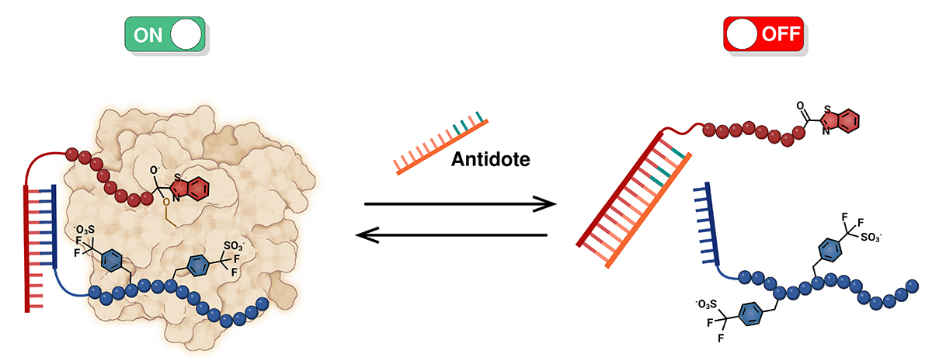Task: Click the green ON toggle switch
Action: pos(165,35)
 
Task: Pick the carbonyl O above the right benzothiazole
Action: pos(798,104)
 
